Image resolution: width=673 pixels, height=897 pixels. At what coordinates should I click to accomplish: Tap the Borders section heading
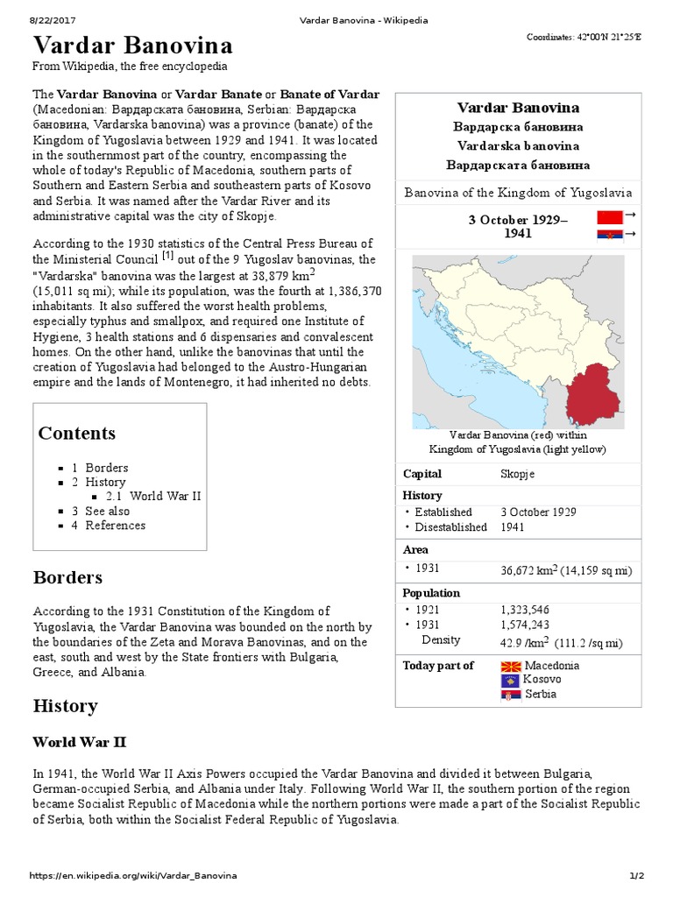coord(67,577)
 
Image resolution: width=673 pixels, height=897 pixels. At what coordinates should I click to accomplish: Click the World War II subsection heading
coord(80,742)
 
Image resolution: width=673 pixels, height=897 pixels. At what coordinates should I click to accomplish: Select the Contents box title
coord(77,433)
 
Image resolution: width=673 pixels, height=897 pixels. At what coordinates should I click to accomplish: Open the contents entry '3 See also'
coord(101,511)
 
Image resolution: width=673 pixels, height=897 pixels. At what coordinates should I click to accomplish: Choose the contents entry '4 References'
coord(109,526)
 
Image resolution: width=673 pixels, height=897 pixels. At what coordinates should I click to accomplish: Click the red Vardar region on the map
coord(592,395)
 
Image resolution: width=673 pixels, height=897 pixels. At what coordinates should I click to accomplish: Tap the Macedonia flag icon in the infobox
coord(510,666)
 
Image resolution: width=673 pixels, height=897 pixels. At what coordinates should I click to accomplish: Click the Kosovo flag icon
coord(510,680)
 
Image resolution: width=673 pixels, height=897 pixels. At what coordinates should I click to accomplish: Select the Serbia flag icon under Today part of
coord(510,695)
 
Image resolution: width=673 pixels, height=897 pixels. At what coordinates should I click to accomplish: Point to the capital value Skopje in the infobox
coord(517,474)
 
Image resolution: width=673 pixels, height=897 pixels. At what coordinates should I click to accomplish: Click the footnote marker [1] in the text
coord(166,257)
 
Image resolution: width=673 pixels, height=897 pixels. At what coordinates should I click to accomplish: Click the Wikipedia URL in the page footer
coord(133,876)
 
